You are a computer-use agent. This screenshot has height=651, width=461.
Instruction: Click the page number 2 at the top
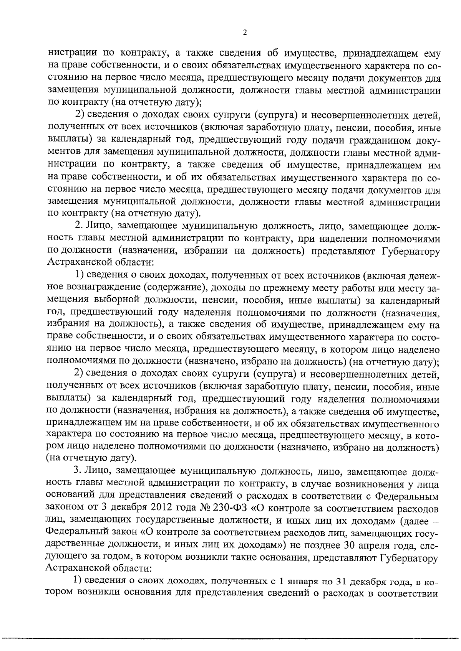click(x=245, y=32)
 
